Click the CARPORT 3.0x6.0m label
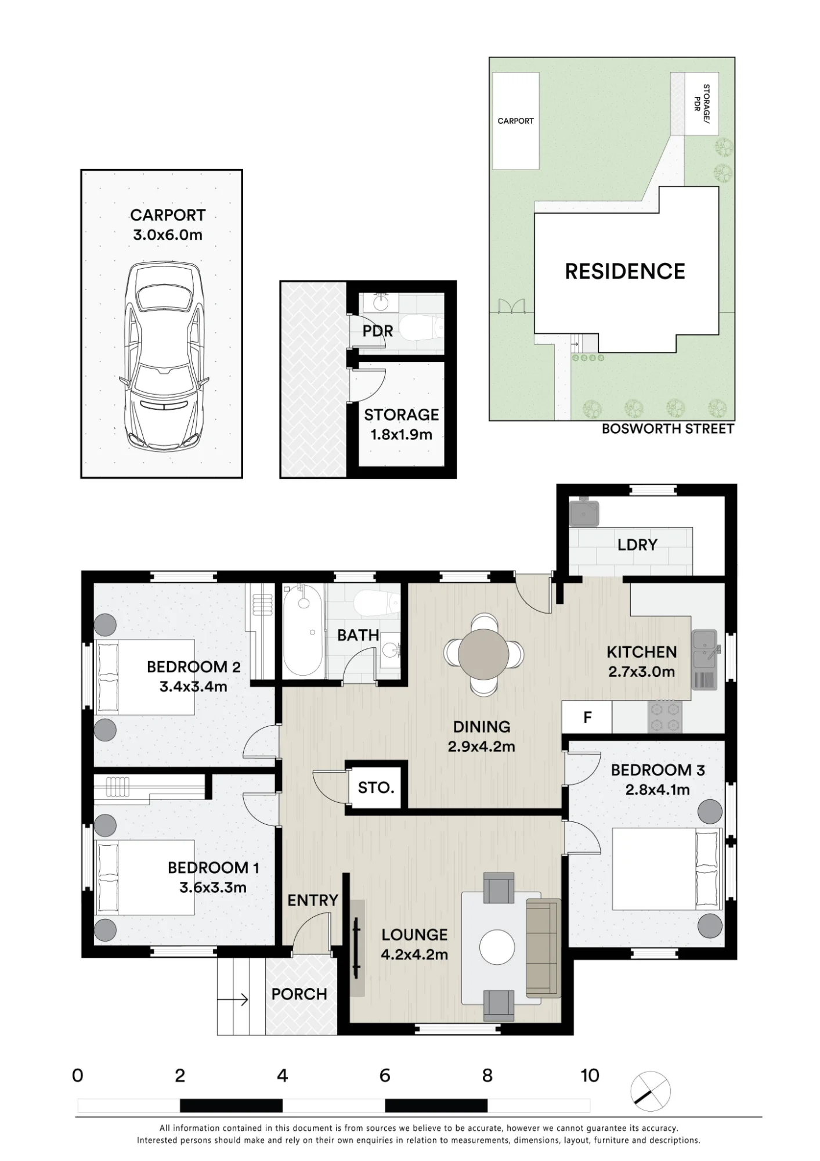coord(168,225)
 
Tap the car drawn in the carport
coord(164,356)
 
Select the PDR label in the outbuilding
coord(378,331)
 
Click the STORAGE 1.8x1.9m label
coord(401,424)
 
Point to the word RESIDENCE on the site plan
coord(625,271)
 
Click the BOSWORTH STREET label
coord(668,429)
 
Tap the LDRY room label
coord(637,545)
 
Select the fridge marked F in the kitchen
coord(587,717)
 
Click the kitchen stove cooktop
coord(665,717)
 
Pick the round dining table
coord(483,655)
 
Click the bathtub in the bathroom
coord(304,630)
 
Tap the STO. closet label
coord(376,788)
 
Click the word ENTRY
coord(313,900)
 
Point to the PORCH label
coord(299,994)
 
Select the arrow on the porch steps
coord(233,1000)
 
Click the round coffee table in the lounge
coord(497,947)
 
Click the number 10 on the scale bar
coord(590,1076)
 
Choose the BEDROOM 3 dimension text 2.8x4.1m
coord(658,789)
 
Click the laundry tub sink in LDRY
coord(584,511)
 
